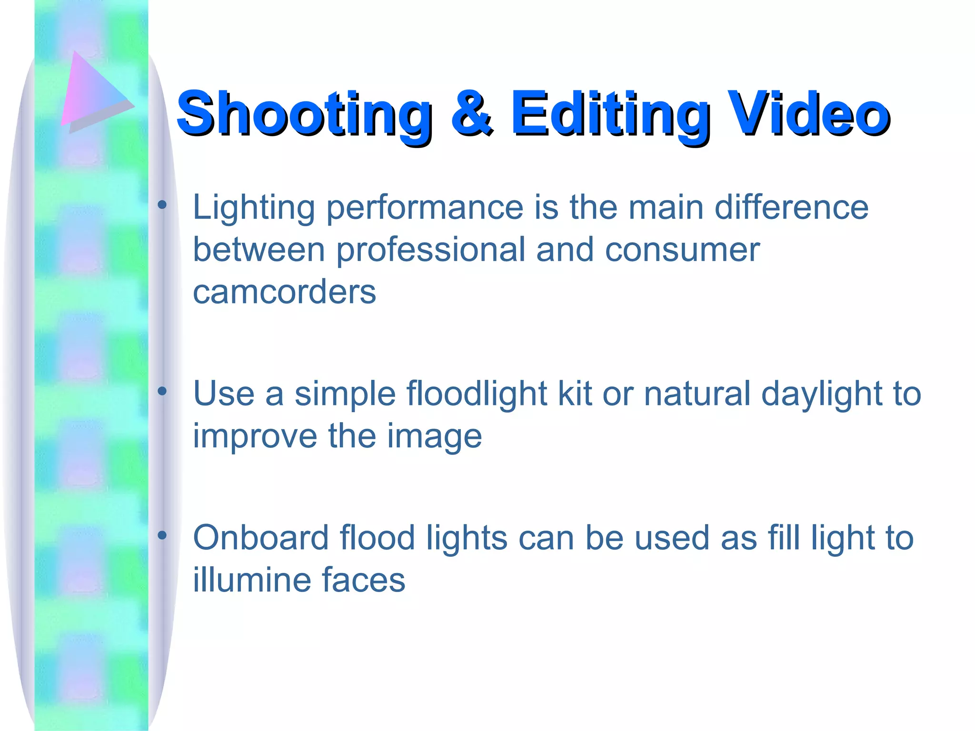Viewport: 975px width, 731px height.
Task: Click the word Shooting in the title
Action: pyautogui.click(x=305, y=114)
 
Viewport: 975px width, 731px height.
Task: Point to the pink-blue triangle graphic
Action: pyautogui.click(x=93, y=93)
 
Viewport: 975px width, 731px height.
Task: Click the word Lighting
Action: pyautogui.click(x=254, y=208)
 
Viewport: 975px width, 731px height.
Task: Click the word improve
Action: pyautogui.click(x=255, y=436)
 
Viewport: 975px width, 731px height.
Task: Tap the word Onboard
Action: pyautogui.click(x=261, y=538)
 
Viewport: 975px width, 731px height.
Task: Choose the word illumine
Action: pyautogui.click(x=252, y=580)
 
